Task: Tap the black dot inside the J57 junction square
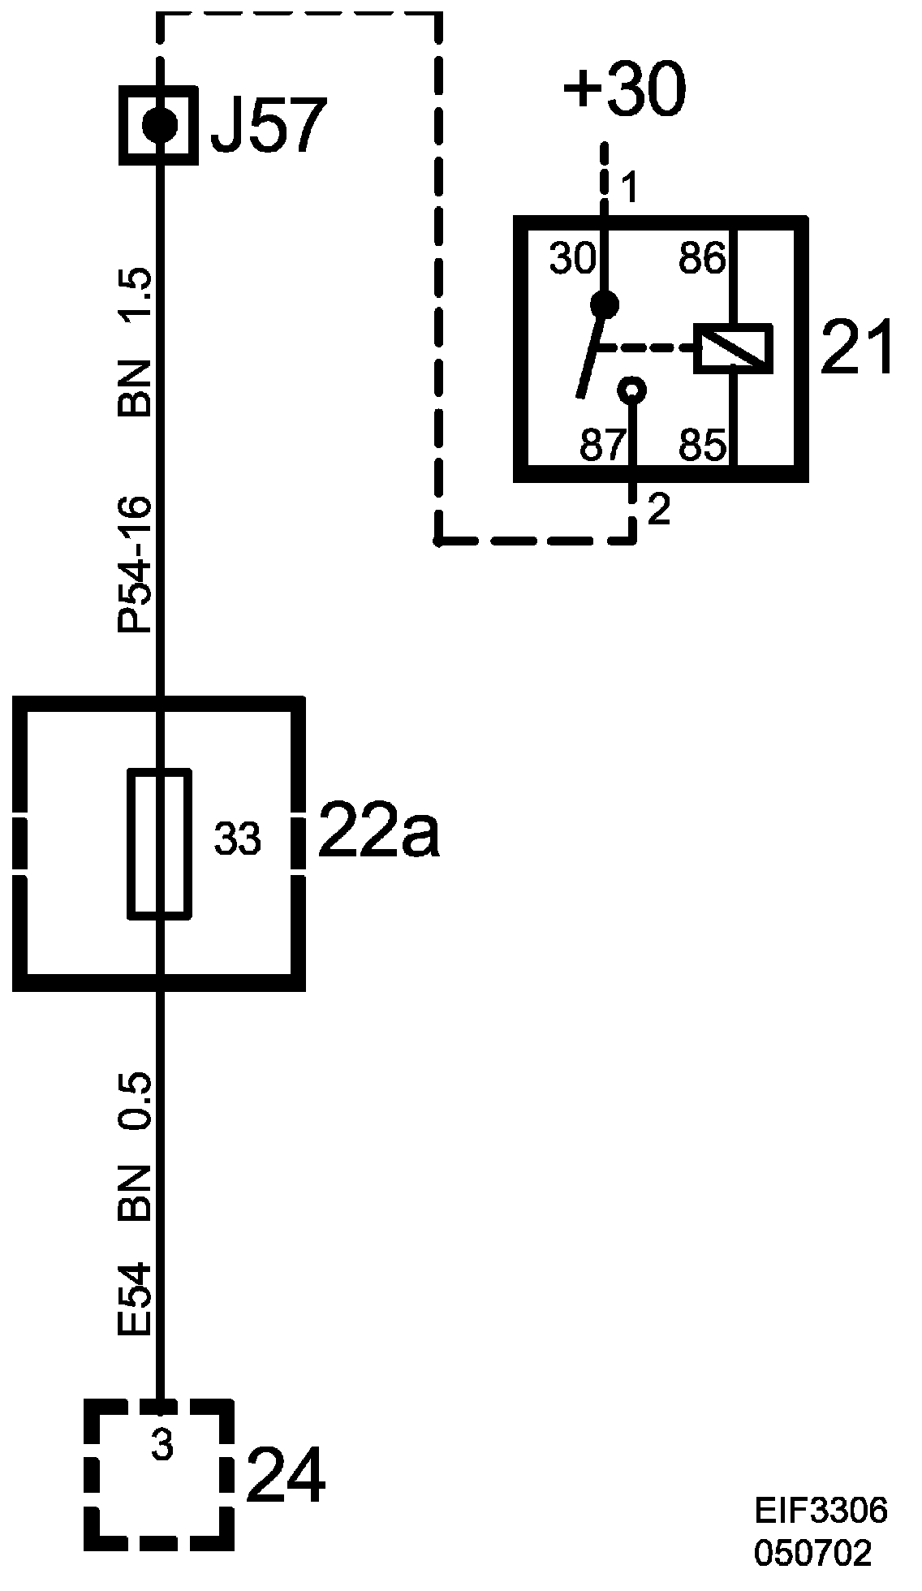[x=159, y=125]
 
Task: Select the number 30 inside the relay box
[x=572, y=260]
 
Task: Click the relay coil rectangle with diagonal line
[x=733, y=349]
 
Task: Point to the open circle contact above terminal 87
[x=631, y=390]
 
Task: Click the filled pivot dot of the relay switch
[x=604, y=304]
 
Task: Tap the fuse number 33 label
[x=237, y=839]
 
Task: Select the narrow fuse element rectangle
[x=160, y=844]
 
